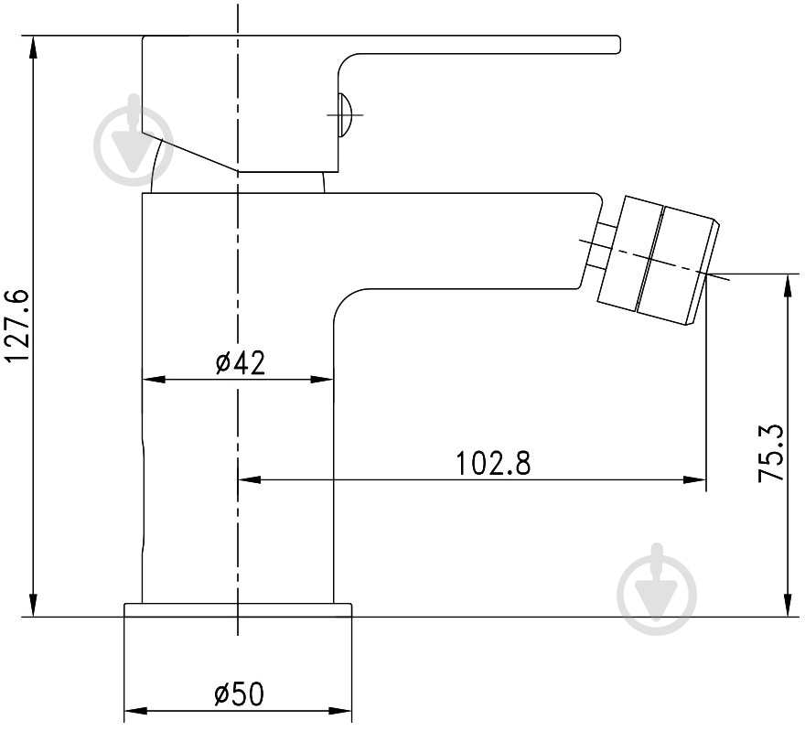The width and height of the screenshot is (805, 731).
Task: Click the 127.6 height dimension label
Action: pos(16,326)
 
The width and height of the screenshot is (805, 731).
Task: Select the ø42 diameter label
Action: pos(241,363)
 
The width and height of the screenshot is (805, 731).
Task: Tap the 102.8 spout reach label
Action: pos(493,463)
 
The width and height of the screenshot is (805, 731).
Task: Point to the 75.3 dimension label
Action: pos(772,453)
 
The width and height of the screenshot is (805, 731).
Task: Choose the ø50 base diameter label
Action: pos(239,694)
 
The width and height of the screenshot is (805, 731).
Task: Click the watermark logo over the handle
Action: pos(134,140)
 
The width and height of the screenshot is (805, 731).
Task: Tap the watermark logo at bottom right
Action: pos(657,589)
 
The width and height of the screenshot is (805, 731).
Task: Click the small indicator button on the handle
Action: pos(345,114)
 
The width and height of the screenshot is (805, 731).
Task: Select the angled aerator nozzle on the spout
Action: pos(659,260)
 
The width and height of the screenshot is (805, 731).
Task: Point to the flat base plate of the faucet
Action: pos(238,610)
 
